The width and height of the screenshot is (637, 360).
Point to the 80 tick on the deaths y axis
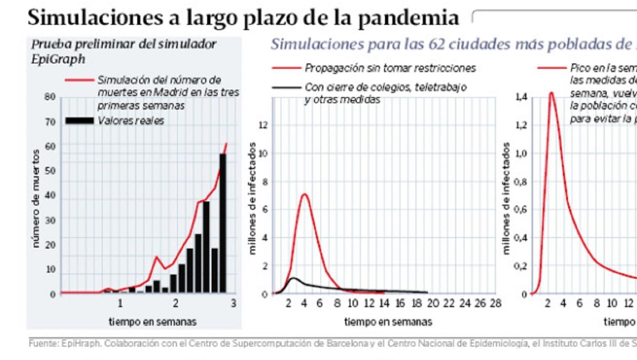coord(49,96)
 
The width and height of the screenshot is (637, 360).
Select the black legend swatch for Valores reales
coord(79,120)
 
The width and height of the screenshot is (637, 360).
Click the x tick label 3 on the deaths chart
coord(233,303)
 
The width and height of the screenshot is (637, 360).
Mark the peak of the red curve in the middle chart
coord(304,194)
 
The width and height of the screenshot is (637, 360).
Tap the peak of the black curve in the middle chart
coord(293,278)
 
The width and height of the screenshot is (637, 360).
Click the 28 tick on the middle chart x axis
coord(495,303)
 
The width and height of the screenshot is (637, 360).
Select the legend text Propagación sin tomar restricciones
coord(390,68)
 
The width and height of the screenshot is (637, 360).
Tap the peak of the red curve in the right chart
coord(551,92)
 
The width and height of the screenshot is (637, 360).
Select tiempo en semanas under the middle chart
coord(388,321)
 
